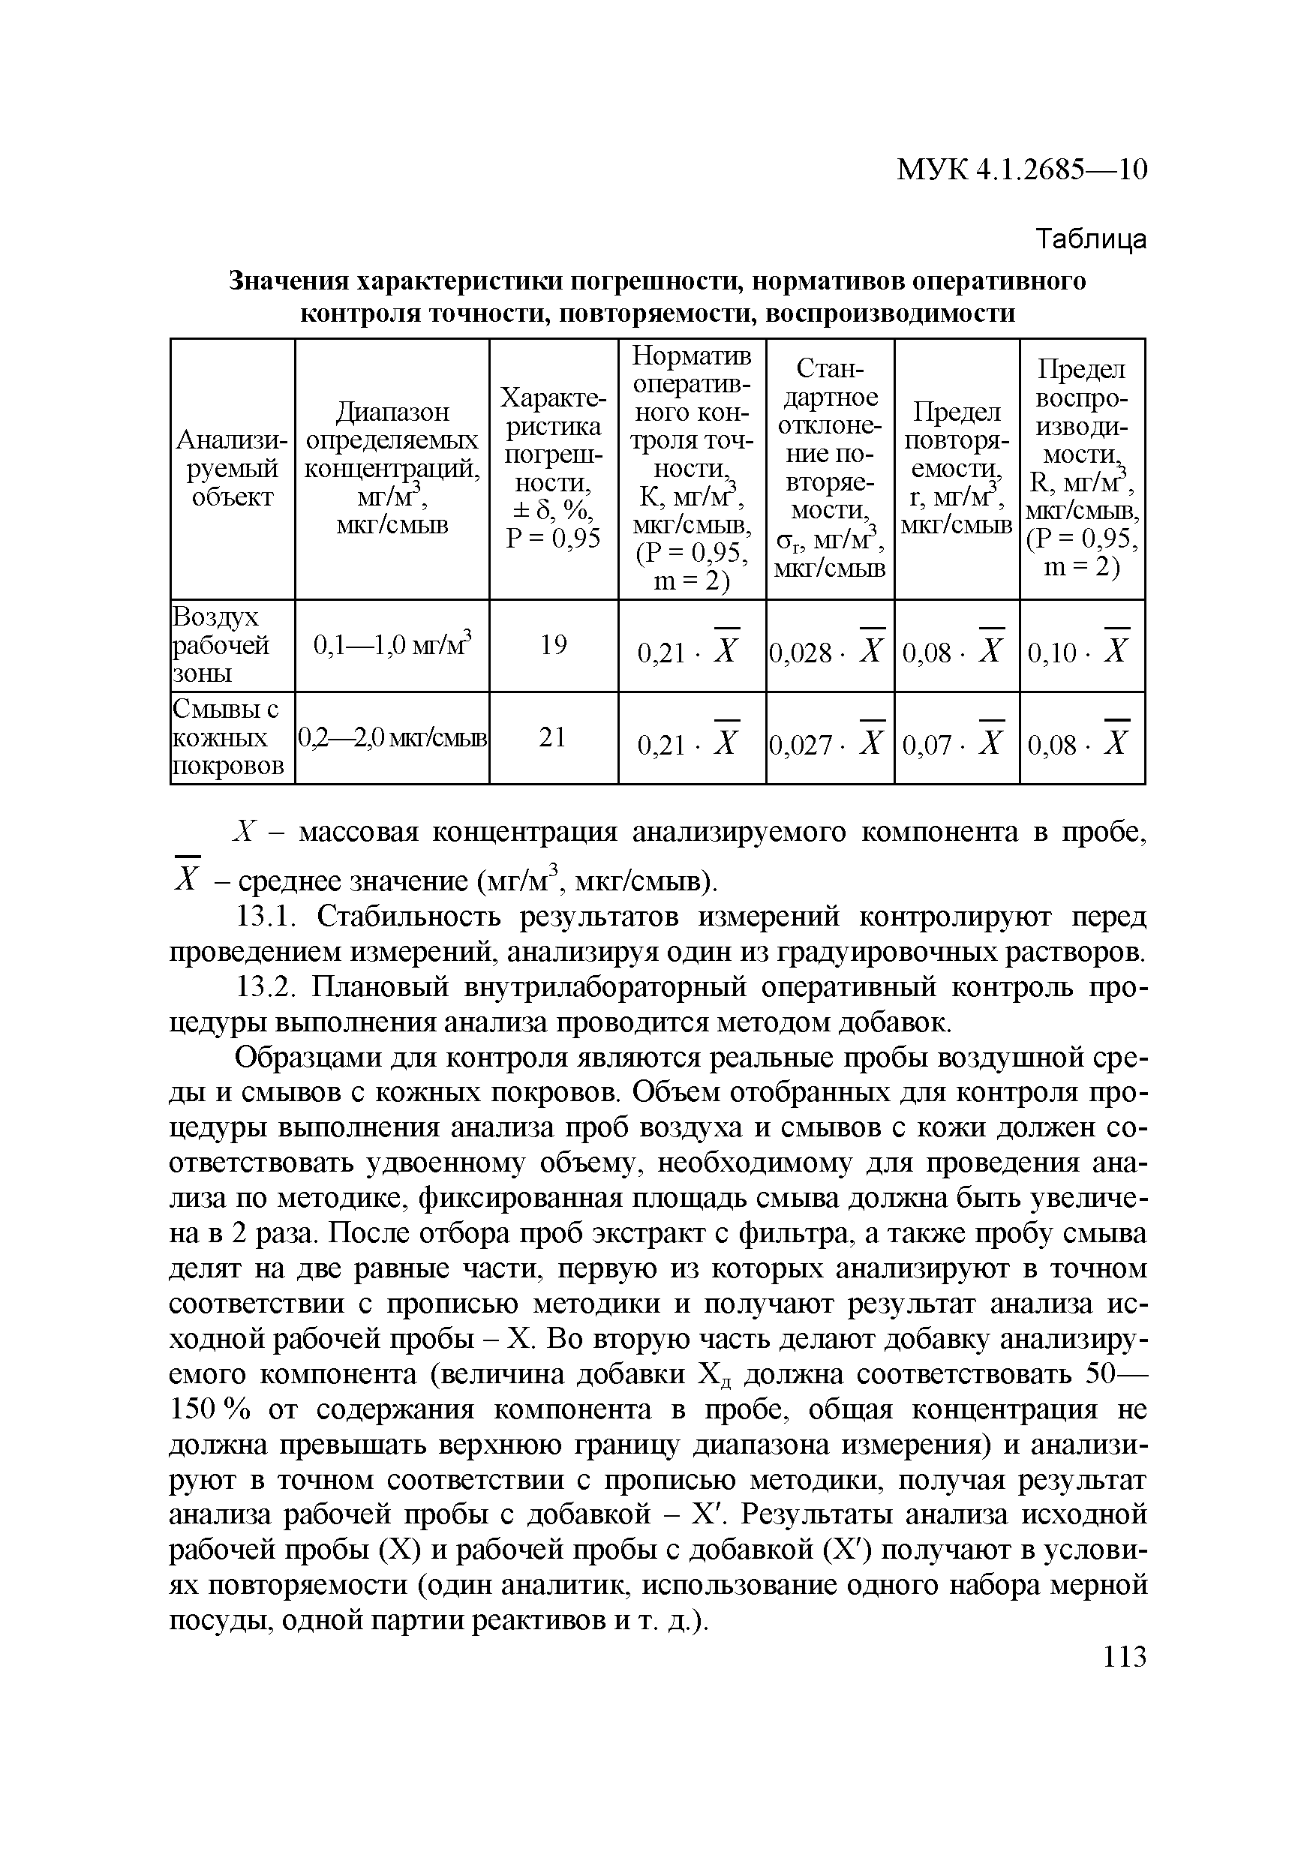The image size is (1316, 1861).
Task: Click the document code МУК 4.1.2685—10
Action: [x=1021, y=170]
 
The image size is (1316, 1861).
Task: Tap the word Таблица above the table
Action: [x=1092, y=239]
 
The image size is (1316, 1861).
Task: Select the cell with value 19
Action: [x=553, y=645]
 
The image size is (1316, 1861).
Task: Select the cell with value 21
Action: [x=553, y=737]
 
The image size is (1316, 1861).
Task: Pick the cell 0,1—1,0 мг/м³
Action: [x=392, y=645]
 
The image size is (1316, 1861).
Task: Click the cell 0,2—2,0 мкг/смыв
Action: [x=392, y=737]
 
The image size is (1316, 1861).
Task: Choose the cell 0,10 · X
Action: [x=1081, y=651]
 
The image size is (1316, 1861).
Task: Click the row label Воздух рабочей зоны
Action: [x=221, y=645]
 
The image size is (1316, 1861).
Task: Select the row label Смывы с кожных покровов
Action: [x=229, y=737]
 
